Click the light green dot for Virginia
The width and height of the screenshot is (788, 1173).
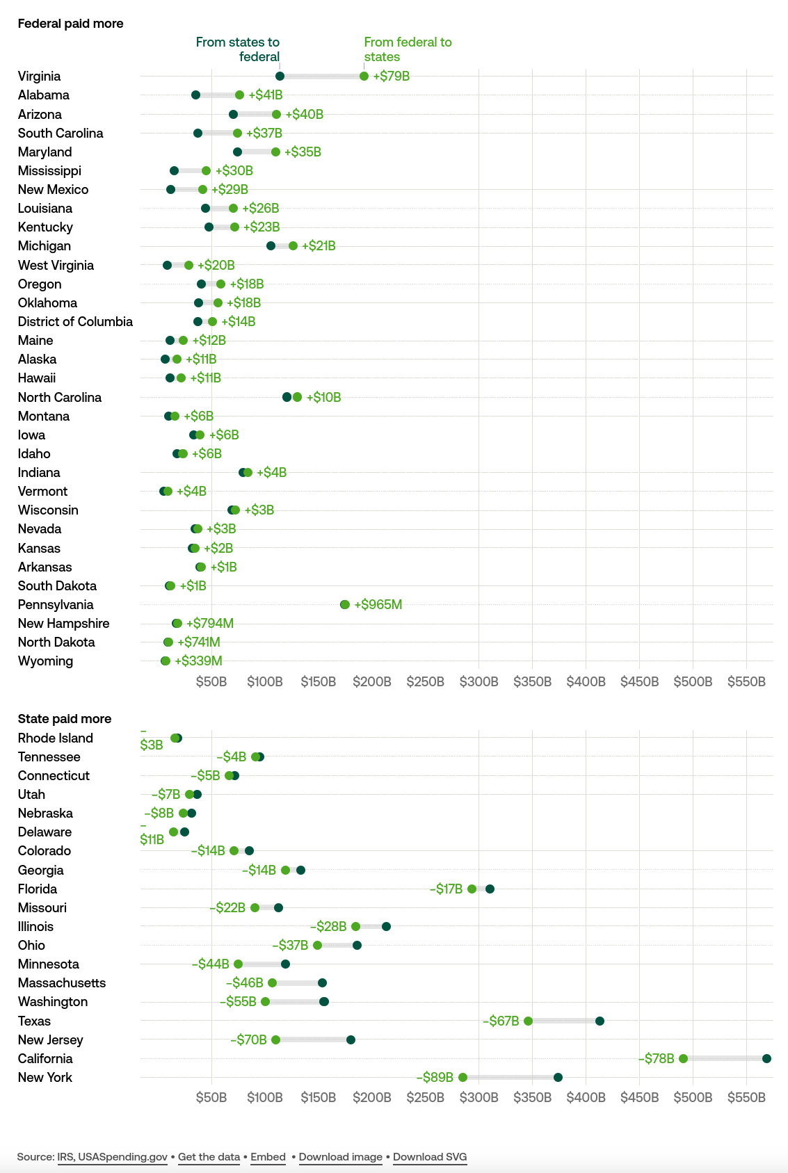pos(364,76)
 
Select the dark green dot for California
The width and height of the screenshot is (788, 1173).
pos(766,1058)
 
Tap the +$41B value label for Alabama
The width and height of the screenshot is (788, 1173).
pos(266,95)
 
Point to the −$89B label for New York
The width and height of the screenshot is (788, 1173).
pos(435,1077)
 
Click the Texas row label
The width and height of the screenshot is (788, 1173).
pos(34,1021)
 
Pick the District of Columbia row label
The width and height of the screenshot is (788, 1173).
pos(75,321)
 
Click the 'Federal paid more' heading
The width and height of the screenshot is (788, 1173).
pos(70,24)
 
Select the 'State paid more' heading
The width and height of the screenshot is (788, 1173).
pos(64,719)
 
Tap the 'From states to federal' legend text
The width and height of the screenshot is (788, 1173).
pos(238,49)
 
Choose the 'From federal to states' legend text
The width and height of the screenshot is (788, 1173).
pos(408,49)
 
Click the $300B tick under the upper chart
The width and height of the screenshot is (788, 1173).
pos(479,681)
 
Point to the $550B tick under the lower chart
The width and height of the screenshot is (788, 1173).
pos(746,1097)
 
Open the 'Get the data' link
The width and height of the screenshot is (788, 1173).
pos(209,1157)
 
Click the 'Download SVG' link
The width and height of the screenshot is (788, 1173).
pos(430,1157)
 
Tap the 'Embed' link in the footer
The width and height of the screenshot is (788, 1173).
pos(268,1157)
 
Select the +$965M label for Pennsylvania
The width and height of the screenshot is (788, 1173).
pos(378,604)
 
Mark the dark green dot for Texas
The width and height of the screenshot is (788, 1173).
pos(600,1021)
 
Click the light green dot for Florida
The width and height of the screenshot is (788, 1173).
pos(472,889)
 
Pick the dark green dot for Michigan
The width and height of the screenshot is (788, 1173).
pos(271,245)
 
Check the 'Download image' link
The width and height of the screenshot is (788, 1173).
pos(341,1157)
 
